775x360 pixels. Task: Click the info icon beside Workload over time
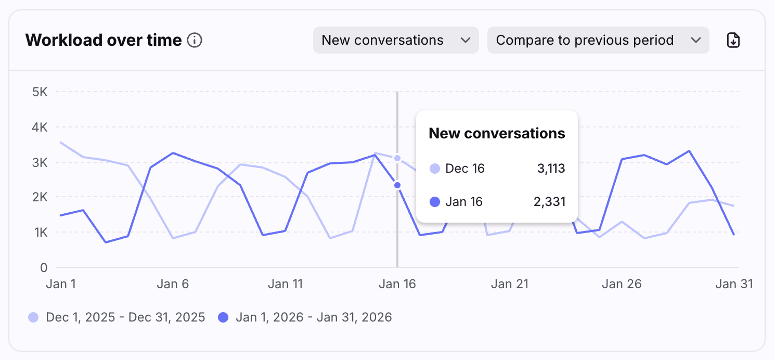[x=195, y=40]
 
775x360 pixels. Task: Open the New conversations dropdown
[x=395, y=40]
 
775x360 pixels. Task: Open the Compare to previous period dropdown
[x=598, y=40]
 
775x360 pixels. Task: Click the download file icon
[x=733, y=40]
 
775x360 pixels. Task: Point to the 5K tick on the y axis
[x=40, y=92]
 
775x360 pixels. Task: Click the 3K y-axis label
[x=40, y=162]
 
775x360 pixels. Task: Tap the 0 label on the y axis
[x=44, y=267]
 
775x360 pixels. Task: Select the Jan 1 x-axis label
[x=61, y=284]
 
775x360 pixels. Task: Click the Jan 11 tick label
[x=285, y=284]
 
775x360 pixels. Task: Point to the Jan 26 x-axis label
[x=622, y=284]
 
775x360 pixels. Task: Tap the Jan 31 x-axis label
[x=734, y=284]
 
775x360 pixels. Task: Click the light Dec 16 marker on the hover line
[x=397, y=158]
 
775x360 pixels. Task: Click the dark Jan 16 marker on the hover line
[x=397, y=185]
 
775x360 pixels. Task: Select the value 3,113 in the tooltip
[x=551, y=169]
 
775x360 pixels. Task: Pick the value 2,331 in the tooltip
[x=550, y=202]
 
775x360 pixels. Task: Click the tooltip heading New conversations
[x=497, y=134]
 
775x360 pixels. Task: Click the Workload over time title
[x=104, y=40]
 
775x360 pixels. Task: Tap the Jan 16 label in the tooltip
[x=464, y=202]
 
